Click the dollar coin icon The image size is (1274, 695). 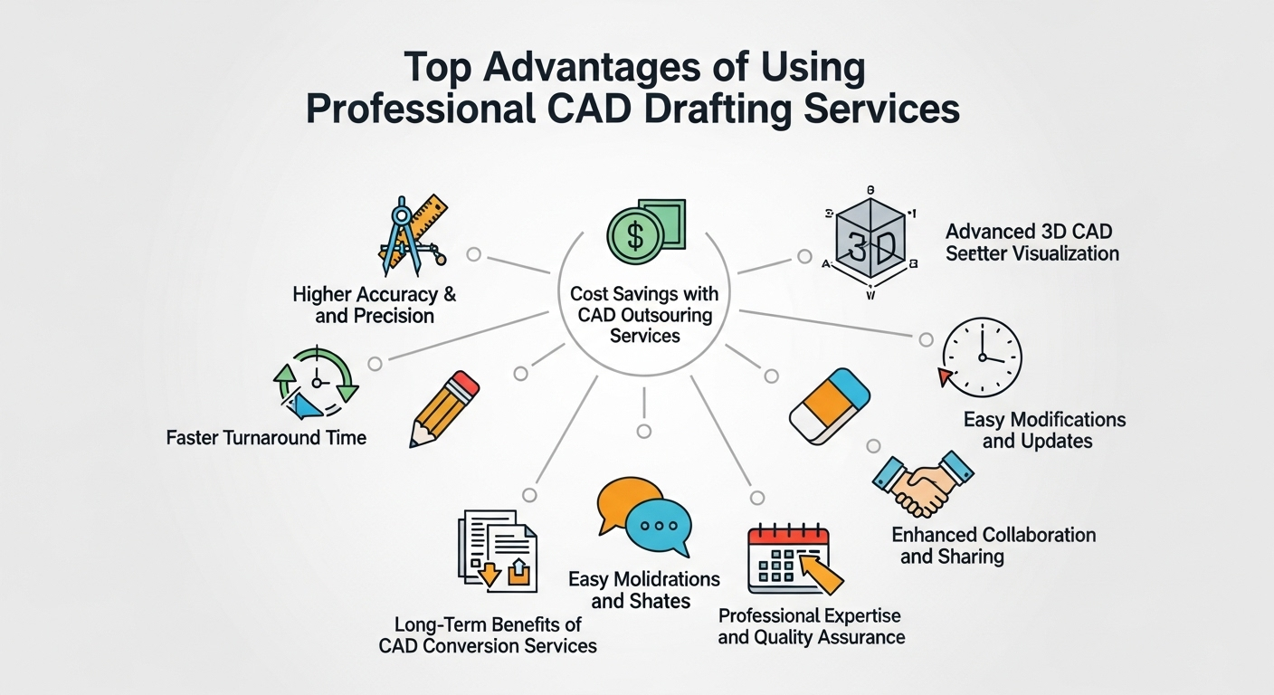631,236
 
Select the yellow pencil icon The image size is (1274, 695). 444,408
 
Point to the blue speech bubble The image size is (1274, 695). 659,526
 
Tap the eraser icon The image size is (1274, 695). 829,405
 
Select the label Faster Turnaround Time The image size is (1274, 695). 266,438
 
